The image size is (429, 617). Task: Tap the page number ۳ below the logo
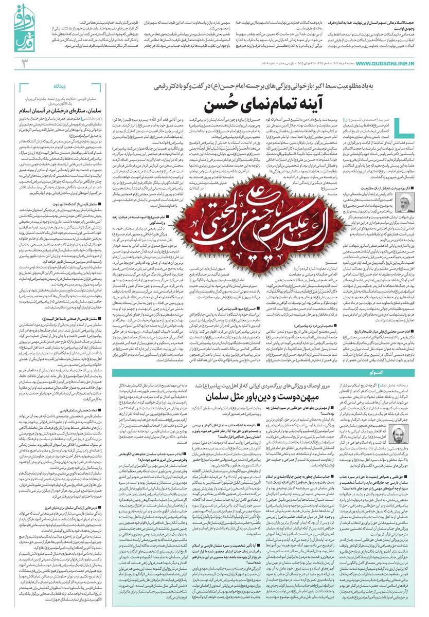click(x=23, y=63)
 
